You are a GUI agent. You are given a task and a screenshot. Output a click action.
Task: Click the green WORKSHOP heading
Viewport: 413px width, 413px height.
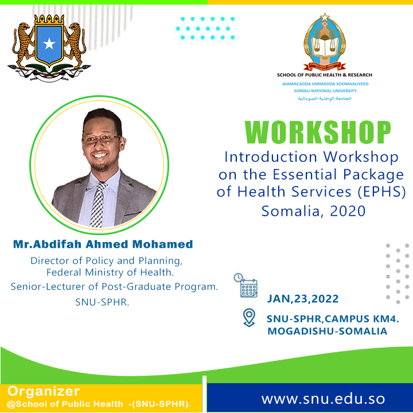point(318,133)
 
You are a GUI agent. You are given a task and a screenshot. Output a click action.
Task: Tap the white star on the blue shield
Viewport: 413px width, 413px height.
point(49,43)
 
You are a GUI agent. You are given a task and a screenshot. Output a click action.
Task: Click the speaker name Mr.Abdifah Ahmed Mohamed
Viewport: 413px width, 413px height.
point(103,244)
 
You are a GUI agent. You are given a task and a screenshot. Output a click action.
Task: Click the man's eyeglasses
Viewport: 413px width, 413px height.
point(101,139)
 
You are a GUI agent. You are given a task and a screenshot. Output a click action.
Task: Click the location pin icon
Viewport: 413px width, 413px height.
point(248,317)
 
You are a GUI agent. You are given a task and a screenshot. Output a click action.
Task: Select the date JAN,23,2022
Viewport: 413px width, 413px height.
point(302,299)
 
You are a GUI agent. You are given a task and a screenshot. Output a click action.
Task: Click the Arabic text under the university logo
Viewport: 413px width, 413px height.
point(325,99)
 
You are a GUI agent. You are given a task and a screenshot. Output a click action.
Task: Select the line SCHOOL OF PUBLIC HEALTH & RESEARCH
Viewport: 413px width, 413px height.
point(325,75)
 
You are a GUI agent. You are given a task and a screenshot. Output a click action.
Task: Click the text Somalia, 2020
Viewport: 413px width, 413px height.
point(313,211)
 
